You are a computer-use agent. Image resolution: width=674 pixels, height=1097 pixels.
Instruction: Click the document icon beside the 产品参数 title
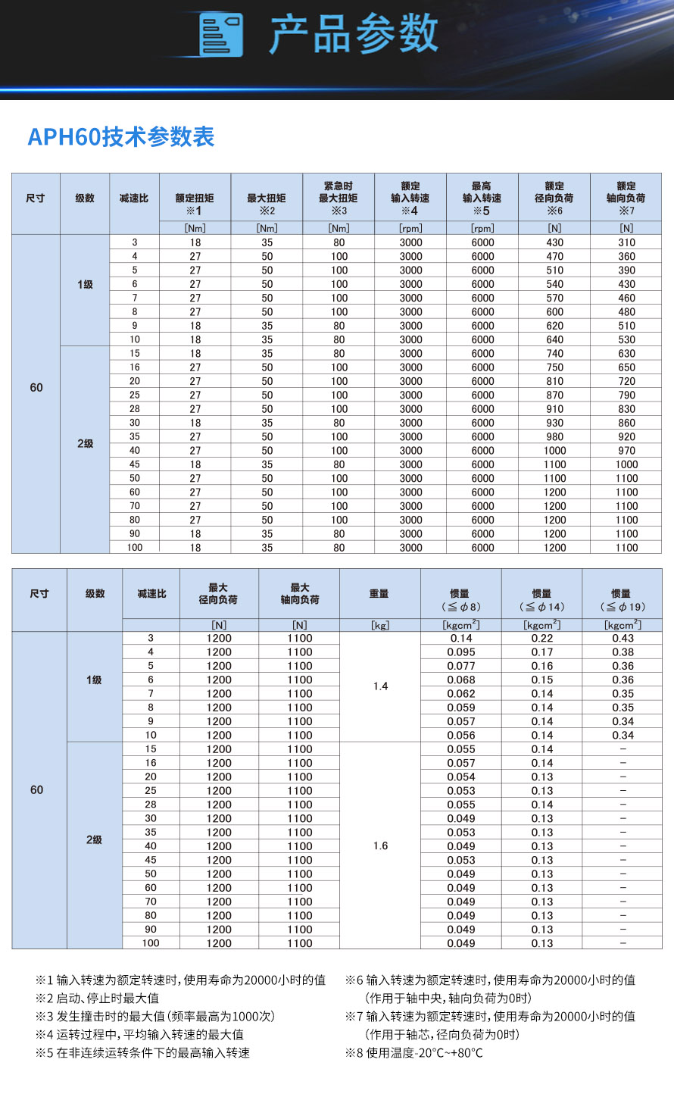[221, 35]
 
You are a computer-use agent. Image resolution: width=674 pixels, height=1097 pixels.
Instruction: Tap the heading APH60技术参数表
[121, 137]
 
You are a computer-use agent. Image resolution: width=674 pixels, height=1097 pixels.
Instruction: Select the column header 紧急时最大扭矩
[339, 198]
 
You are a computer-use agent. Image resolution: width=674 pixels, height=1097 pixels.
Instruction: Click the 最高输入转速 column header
[482, 198]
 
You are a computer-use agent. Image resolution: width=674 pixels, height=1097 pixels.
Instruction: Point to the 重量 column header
[379, 594]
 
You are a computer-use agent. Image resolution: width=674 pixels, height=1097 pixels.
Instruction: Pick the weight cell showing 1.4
[380, 686]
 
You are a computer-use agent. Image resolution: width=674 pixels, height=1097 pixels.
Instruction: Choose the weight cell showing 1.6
[380, 845]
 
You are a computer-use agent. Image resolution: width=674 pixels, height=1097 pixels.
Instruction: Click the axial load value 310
[626, 242]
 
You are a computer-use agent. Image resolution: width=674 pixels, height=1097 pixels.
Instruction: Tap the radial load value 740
[554, 353]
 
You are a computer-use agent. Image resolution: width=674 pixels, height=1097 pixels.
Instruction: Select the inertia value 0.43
[623, 639]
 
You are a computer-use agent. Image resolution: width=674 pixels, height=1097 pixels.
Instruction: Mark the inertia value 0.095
[460, 652]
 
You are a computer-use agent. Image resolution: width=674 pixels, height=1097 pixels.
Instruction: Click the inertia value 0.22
[541, 639]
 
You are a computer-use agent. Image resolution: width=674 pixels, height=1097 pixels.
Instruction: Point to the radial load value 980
[554, 436]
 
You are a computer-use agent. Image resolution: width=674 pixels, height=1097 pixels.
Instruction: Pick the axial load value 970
[626, 450]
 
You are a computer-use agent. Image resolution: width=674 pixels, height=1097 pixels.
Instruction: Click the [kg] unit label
[379, 625]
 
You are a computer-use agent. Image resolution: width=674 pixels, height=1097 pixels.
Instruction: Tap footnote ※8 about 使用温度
[414, 1052]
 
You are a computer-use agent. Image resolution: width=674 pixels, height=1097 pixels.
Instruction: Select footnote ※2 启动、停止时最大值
[98, 998]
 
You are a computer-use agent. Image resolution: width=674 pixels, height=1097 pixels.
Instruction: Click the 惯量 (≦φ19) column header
[622, 600]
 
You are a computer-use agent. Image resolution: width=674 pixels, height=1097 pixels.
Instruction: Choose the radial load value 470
[554, 256]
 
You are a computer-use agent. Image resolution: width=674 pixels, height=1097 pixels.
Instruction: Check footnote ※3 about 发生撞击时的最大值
[155, 1016]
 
